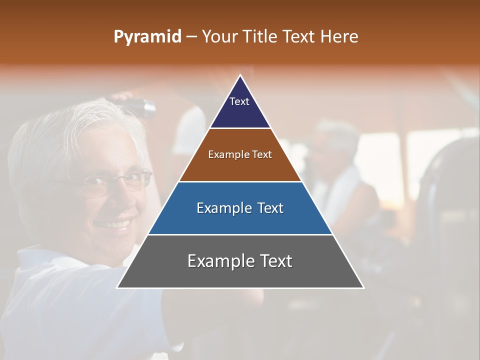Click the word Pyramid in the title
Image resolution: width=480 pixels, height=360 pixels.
(x=147, y=37)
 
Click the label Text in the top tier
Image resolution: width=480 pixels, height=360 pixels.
(x=239, y=101)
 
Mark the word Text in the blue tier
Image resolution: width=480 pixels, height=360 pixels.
(x=268, y=208)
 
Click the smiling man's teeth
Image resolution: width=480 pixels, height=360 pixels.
(x=112, y=223)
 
